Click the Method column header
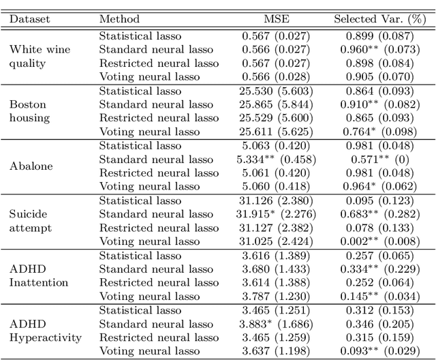[x=119, y=19]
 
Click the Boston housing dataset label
[x=29, y=111]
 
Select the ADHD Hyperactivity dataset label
[x=45, y=331]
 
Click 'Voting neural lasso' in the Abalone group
[x=150, y=186]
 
